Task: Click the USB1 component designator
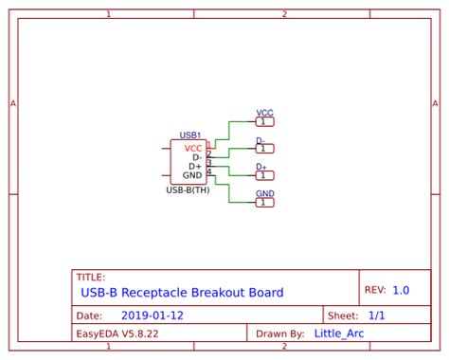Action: point(190,135)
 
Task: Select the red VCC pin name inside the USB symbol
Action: point(193,148)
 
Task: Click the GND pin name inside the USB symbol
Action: point(192,175)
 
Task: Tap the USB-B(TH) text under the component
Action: point(188,189)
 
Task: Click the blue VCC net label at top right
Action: point(265,113)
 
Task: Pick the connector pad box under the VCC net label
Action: point(265,121)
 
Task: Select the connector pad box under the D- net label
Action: point(265,149)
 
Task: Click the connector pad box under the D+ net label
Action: point(265,175)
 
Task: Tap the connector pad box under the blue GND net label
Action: point(265,202)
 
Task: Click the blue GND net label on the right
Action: point(265,193)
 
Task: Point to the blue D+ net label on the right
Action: point(261,167)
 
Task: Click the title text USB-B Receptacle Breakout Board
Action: point(182,293)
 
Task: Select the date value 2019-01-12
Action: point(153,315)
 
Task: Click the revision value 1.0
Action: point(401,290)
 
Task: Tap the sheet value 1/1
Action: point(376,315)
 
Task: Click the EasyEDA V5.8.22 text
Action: point(117,333)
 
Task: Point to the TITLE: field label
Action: point(91,278)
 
